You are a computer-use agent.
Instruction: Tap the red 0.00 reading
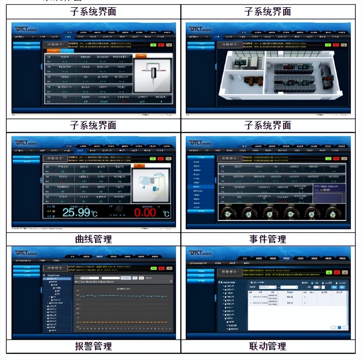tap(145, 212)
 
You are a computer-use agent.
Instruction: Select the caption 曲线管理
tap(93, 239)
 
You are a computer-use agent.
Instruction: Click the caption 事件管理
tap(268, 239)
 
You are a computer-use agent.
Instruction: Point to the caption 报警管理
tap(93, 346)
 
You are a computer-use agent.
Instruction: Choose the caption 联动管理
tap(268, 346)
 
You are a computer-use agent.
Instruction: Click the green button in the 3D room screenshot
tap(328, 45)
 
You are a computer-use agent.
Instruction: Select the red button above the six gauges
tap(336, 158)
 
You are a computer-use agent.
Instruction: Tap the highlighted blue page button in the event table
tap(339, 327)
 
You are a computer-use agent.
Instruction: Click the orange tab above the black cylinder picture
tap(141, 56)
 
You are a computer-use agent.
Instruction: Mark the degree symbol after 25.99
tap(95, 214)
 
